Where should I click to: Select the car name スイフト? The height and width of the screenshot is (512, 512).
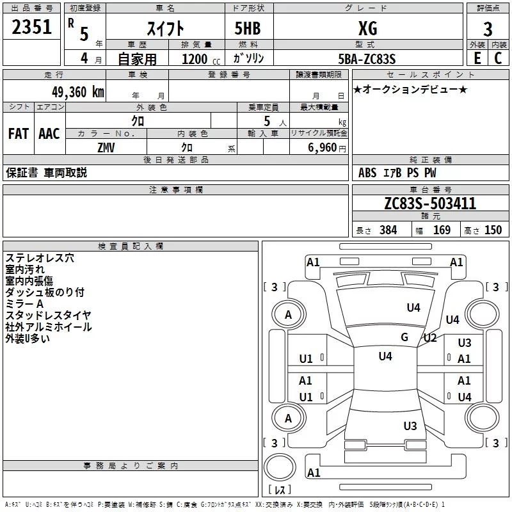[x=166, y=28]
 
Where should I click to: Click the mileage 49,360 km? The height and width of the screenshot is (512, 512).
[x=77, y=92]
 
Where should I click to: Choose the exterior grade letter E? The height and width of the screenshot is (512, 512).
[x=477, y=58]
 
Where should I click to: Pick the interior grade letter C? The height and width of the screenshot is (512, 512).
[x=498, y=58]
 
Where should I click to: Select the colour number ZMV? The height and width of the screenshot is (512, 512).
[x=106, y=147]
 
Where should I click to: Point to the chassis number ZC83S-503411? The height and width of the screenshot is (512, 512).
[x=429, y=204]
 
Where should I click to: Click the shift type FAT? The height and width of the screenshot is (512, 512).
[x=19, y=134]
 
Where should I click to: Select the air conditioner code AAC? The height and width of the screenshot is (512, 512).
[x=49, y=134]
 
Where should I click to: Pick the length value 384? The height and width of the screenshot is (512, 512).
[x=388, y=230]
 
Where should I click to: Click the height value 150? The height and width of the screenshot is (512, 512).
[x=493, y=230]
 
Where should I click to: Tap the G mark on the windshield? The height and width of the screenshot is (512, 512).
[x=404, y=337]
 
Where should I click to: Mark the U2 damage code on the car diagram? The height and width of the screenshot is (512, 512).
[x=429, y=338]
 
